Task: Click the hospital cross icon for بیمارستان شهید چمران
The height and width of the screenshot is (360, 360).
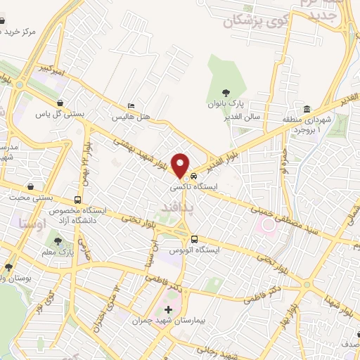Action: coord(168,310)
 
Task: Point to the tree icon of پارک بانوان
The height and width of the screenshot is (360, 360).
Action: coord(226,93)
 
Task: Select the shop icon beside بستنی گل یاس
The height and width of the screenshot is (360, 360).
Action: coord(61,103)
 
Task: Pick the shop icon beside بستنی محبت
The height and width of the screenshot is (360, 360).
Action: coord(31,187)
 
